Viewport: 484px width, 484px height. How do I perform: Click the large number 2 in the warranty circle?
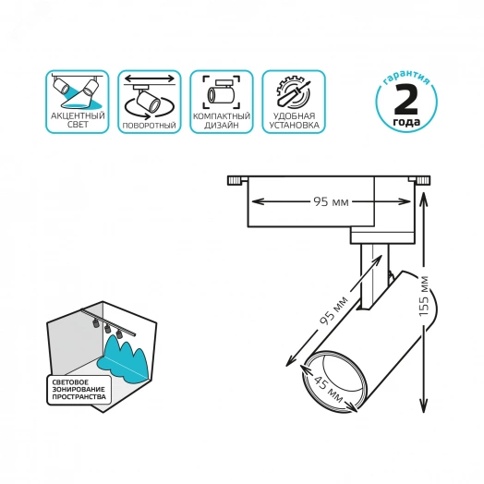click(x=405, y=100)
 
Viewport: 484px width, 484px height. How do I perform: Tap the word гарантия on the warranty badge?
click(x=406, y=78)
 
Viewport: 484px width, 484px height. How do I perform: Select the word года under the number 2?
click(x=406, y=122)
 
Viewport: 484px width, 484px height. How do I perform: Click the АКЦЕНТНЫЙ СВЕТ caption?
click(x=78, y=120)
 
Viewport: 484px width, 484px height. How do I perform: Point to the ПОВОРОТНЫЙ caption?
click(x=149, y=126)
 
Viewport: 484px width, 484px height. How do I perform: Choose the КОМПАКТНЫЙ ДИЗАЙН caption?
click(x=222, y=121)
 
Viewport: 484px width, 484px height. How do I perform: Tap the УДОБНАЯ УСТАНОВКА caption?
click(x=294, y=120)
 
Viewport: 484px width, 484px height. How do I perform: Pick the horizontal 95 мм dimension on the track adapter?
click(x=331, y=202)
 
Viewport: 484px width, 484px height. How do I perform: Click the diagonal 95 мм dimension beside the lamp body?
click(x=333, y=310)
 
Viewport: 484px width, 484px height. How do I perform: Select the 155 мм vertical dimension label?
click(x=425, y=296)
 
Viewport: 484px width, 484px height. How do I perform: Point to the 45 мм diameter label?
click(x=328, y=390)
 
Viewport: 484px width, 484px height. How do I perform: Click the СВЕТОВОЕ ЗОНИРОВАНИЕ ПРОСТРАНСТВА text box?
click(x=79, y=390)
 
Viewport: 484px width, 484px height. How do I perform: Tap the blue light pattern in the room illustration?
click(x=123, y=357)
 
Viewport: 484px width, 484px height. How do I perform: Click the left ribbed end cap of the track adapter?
click(x=235, y=180)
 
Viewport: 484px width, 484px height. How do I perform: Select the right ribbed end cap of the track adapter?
click(x=423, y=180)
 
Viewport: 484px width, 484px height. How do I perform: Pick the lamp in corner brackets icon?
click(x=221, y=93)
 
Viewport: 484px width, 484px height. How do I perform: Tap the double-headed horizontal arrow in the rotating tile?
click(x=150, y=78)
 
